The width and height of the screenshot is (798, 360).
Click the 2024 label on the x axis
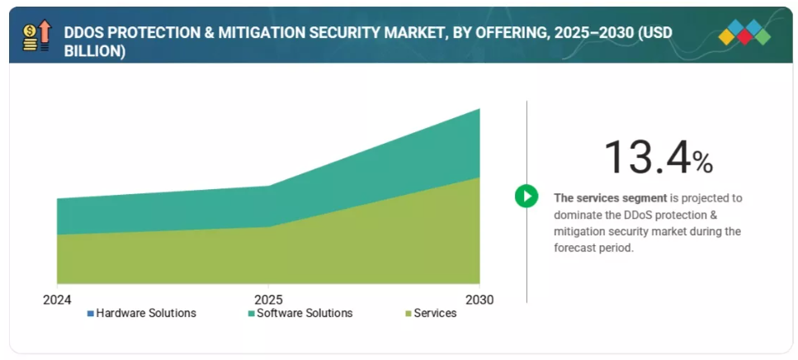[x=57, y=299]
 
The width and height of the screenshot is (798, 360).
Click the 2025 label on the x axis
[x=268, y=299]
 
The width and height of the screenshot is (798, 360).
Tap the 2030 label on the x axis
[x=479, y=299]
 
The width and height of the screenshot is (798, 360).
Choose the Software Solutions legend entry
[x=305, y=313]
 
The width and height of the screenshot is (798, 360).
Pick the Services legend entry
[x=435, y=313]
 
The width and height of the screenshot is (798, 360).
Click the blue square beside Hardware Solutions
[x=91, y=314]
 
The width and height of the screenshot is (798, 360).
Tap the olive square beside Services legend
[x=408, y=314]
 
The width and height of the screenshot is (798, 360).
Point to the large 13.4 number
[x=646, y=157]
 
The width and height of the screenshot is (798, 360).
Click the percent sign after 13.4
[x=702, y=163]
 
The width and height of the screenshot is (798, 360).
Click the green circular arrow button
[x=526, y=196]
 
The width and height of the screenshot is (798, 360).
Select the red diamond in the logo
[x=744, y=36]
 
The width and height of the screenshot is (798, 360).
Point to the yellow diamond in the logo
[x=726, y=36]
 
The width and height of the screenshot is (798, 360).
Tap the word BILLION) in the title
[x=95, y=50]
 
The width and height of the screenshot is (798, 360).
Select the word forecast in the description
[x=577, y=248]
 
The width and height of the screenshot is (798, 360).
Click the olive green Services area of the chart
[x=272, y=256]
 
